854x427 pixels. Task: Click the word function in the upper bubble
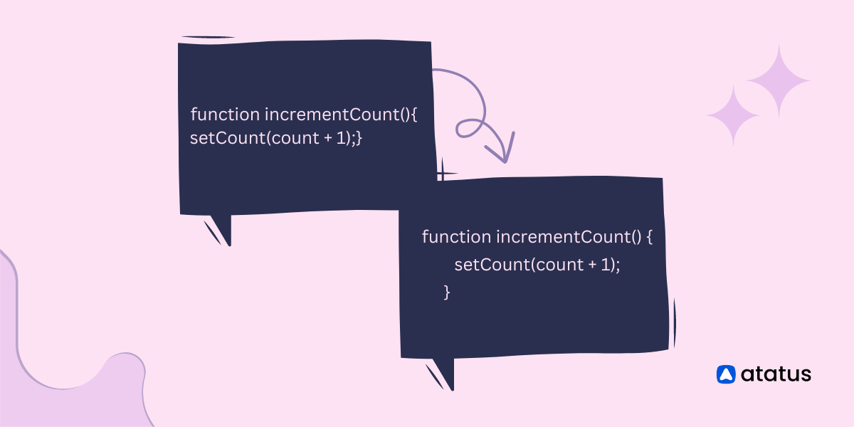click(225, 115)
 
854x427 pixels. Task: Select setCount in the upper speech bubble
click(228, 137)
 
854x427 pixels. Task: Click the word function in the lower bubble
click(456, 237)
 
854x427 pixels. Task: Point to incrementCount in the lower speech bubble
click(564, 237)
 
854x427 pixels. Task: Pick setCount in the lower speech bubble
click(492, 265)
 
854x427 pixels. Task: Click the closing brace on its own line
click(447, 292)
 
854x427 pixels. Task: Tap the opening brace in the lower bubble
click(650, 237)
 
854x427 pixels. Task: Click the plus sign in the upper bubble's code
click(328, 138)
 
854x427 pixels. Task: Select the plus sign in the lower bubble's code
click(592, 265)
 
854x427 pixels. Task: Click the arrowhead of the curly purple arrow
click(504, 152)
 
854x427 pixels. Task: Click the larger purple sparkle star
click(779, 81)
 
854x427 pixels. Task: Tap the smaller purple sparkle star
click(733, 115)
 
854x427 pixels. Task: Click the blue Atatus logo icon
click(726, 374)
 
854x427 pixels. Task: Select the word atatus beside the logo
click(776, 374)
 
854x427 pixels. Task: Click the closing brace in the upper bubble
click(359, 138)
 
